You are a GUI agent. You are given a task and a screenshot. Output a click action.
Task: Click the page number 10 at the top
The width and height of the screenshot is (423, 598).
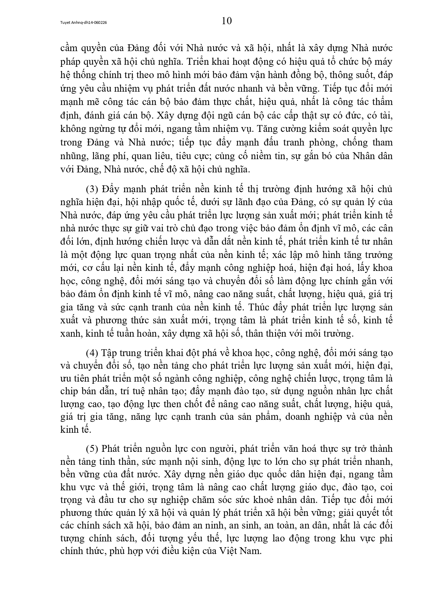(227, 21)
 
